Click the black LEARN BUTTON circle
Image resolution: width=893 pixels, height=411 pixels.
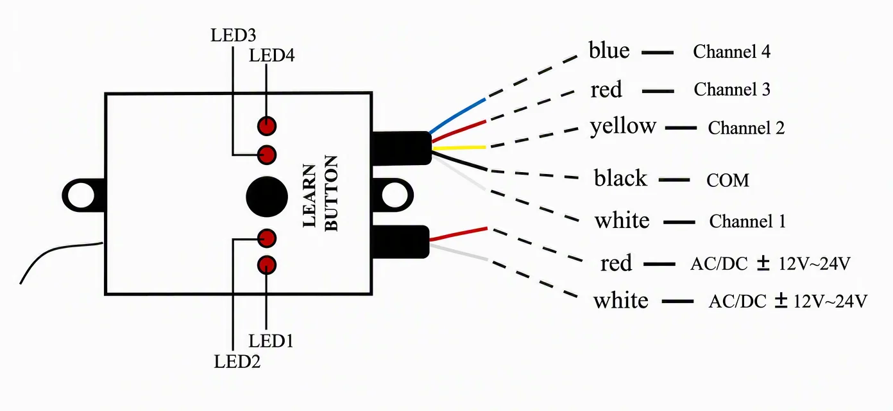(x=267, y=197)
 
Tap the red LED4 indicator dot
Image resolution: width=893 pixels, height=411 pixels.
(x=267, y=126)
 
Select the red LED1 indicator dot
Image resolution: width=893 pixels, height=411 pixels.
(x=267, y=265)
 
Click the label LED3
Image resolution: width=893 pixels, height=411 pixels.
(x=234, y=35)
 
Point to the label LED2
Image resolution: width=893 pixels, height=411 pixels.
(x=237, y=362)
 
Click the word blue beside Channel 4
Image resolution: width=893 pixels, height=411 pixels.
(x=609, y=50)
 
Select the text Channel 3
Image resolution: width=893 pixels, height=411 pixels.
(x=732, y=89)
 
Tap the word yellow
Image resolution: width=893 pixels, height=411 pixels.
(x=623, y=127)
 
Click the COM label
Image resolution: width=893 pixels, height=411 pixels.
(x=727, y=180)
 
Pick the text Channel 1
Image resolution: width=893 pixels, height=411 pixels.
(x=747, y=221)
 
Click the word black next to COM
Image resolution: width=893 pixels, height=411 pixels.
(x=620, y=178)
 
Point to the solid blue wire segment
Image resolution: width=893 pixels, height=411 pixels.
(x=457, y=116)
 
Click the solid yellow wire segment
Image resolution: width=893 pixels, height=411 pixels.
(x=459, y=148)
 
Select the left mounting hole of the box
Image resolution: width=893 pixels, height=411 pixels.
(x=81, y=196)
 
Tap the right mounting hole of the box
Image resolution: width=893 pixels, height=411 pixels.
(x=395, y=195)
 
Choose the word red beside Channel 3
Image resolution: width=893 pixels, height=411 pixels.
(x=606, y=90)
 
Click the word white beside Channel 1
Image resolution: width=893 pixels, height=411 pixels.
(x=622, y=220)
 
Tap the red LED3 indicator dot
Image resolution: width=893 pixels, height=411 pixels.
(x=267, y=154)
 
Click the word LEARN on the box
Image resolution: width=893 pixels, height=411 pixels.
(x=309, y=195)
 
